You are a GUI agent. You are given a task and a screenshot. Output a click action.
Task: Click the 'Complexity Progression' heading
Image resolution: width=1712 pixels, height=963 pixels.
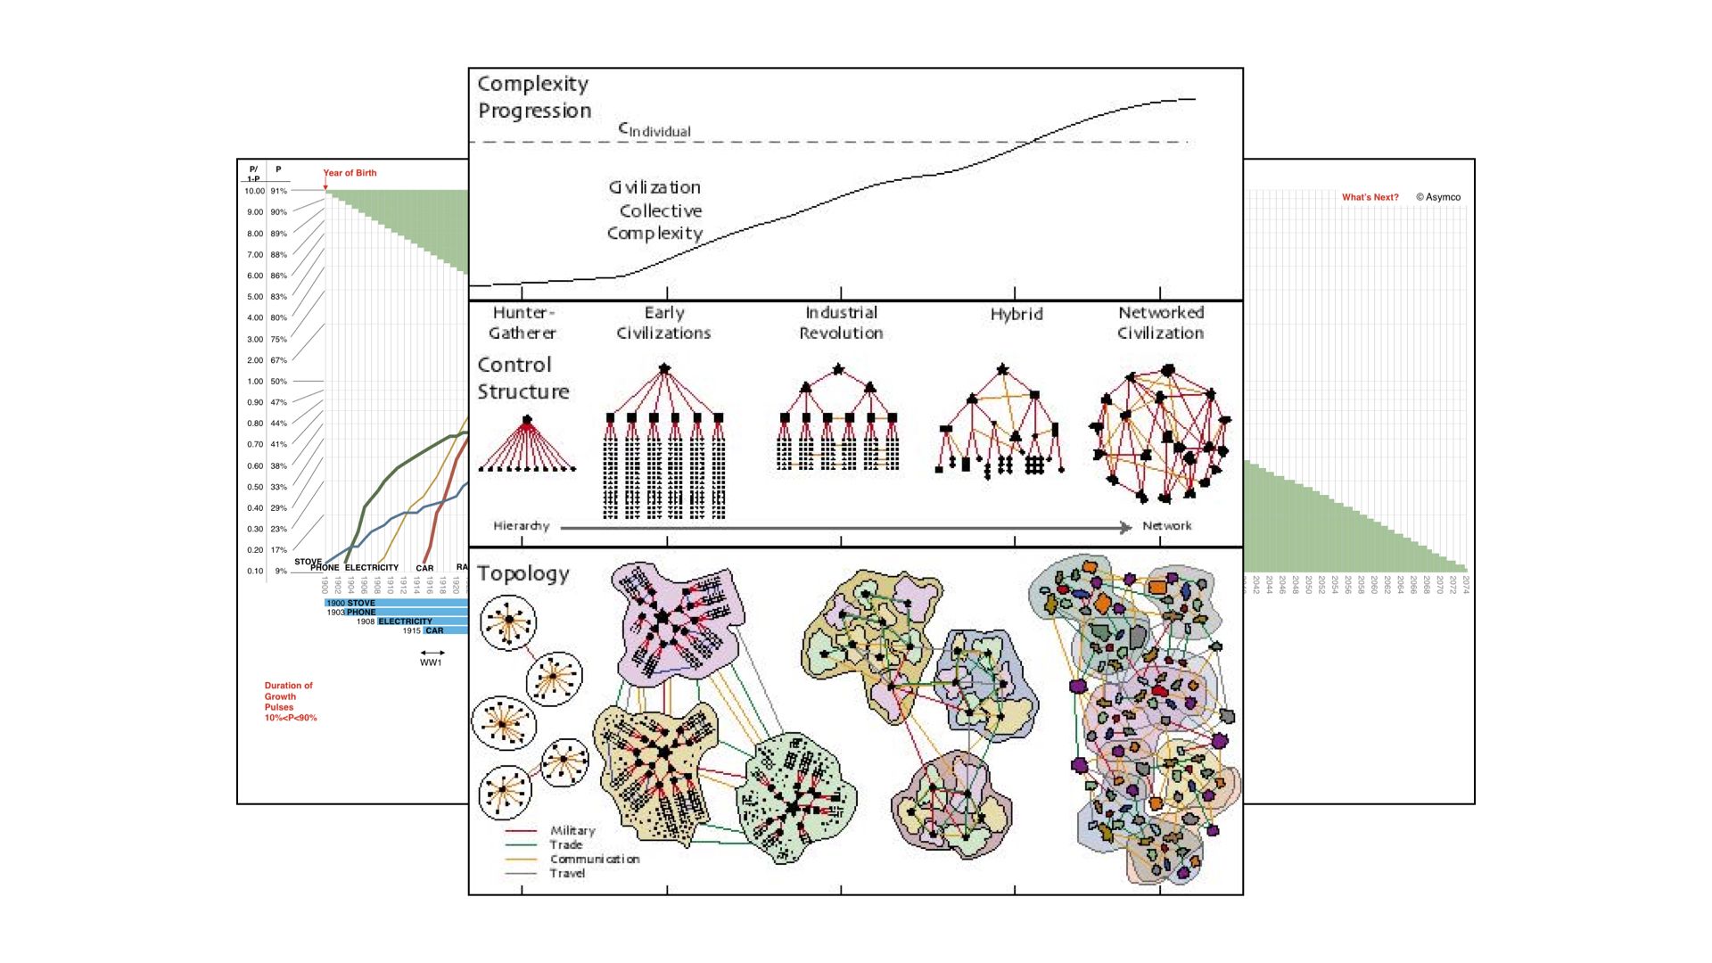pos(534,97)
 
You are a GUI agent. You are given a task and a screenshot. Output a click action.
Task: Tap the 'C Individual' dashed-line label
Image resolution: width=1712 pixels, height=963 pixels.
pos(655,130)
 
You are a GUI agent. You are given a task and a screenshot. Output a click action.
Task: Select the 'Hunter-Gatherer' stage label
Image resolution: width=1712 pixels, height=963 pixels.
pos(523,323)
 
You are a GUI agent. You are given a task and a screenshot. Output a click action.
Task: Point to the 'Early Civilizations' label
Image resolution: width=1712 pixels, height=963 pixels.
pos(664,323)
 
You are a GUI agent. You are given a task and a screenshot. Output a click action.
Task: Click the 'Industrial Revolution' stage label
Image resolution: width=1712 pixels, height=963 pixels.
pos(841,323)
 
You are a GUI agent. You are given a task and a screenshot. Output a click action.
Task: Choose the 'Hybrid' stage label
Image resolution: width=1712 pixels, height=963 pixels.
pos(1017,314)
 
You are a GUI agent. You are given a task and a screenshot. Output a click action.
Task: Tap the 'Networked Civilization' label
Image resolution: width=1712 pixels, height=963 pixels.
pos(1161,323)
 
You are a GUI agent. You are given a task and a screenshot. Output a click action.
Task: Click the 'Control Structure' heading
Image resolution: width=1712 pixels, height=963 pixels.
pos(523,378)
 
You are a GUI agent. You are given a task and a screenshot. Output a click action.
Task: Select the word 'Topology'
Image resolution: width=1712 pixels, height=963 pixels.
pos(523,573)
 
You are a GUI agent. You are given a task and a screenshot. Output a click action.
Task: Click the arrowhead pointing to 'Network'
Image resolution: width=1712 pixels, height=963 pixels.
pos(1126,527)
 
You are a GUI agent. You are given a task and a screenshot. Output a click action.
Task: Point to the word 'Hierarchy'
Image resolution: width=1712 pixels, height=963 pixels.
pos(522,526)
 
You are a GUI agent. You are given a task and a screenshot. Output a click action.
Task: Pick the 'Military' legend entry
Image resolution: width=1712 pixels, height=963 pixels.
pos(572,830)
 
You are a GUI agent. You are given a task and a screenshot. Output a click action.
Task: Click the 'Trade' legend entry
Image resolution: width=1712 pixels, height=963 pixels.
pos(566,844)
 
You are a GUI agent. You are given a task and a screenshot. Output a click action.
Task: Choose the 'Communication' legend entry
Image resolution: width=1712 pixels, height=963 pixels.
pos(595,859)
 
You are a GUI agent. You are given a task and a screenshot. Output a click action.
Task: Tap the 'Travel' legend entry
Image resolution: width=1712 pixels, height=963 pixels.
pos(567,873)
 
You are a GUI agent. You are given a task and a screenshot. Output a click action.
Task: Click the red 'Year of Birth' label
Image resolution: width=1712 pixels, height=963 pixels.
pos(350,173)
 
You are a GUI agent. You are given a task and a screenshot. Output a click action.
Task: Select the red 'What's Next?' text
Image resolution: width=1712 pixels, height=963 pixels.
pos(1370,197)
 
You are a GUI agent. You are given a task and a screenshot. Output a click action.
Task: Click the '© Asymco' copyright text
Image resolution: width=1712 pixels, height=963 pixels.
pos(1438,197)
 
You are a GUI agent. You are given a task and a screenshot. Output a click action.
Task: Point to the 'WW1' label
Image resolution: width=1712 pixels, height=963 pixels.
pos(431,663)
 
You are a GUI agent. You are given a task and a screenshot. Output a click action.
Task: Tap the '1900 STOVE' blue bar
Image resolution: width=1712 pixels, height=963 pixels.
pos(397,603)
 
